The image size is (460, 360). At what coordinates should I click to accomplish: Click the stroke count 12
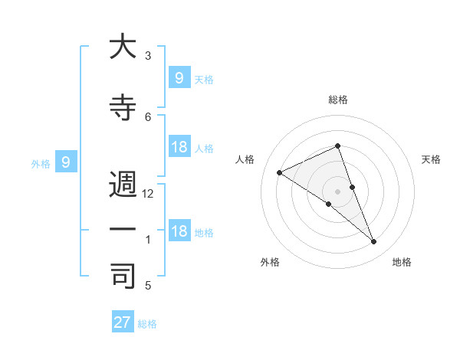point(149,195)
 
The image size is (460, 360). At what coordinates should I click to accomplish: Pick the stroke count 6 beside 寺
point(149,116)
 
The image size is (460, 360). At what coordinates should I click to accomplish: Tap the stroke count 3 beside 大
point(149,56)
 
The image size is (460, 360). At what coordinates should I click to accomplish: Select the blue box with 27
point(123,322)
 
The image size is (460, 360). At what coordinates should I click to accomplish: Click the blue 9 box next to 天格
point(179,77)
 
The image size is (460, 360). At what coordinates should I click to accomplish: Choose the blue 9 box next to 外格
point(66,162)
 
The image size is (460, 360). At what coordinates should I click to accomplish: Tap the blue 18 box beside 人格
point(179,147)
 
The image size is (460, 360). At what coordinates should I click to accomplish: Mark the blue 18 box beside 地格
point(179,231)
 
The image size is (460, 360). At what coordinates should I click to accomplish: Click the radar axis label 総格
point(338,100)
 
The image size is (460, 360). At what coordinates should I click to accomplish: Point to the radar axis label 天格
point(432,159)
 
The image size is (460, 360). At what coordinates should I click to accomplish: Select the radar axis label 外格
point(270,262)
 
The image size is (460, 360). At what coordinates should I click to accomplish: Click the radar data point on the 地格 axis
point(374,242)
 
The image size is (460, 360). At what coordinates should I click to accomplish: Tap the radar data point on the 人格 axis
point(280,172)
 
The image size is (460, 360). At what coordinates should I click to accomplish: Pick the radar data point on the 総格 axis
point(338,146)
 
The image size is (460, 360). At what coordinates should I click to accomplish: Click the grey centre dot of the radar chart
point(338,191)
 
